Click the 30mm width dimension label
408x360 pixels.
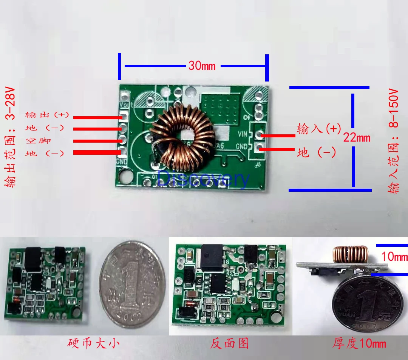pyautogui.click(x=202, y=66)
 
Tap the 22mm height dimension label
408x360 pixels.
pyautogui.click(x=357, y=137)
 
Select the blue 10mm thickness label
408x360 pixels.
pyautogui.click(x=394, y=257)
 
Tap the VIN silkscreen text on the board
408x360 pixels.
pyautogui.click(x=243, y=134)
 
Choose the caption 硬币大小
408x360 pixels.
pyautogui.click(x=94, y=343)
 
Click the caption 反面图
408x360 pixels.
pyautogui.click(x=229, y=343)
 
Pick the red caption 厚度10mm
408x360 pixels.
pyautogui.click(x=359, y=343)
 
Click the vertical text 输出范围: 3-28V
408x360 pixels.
pyautogui.click(x=11, y=138)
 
